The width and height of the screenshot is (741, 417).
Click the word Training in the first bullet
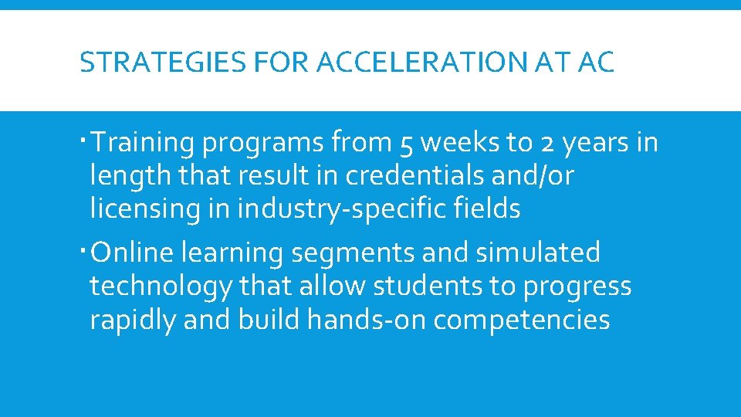(147, 143)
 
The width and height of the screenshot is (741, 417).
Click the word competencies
(522, 320)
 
